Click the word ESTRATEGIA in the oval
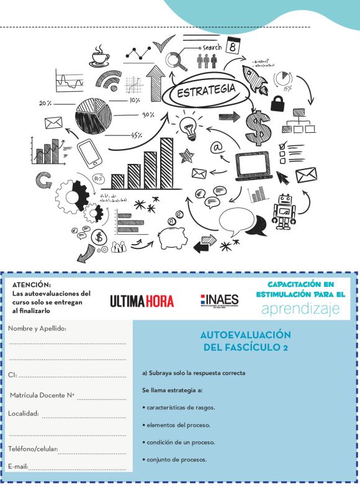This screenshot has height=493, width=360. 207,91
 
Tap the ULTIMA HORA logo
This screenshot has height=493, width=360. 142,301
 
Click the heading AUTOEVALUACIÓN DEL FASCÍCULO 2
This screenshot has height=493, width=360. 246,341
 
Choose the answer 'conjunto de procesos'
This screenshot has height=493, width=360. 176,459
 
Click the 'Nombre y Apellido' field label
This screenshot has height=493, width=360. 37,328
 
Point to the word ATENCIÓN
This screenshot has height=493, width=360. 32,284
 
